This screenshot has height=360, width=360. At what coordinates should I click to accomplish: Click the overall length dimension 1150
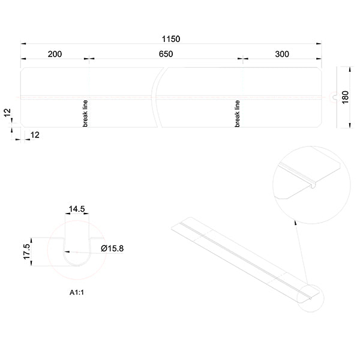(170, 38)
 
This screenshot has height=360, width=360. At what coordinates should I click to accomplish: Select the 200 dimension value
(55, 54)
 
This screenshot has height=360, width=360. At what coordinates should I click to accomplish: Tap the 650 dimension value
(166, 54)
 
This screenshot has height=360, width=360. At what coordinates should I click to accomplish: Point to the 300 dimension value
(282, 54)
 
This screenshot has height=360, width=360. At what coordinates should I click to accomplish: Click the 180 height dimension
(345, 98)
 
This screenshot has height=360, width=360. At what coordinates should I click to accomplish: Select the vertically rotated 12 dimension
(7, 112)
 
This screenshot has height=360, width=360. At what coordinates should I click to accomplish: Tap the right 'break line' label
(238, 113)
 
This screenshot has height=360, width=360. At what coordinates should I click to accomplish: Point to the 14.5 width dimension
(77, 209)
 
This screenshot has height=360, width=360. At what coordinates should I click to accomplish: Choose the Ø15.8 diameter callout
(112, 248)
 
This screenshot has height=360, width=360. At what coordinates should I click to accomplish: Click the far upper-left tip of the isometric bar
(174, 226)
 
